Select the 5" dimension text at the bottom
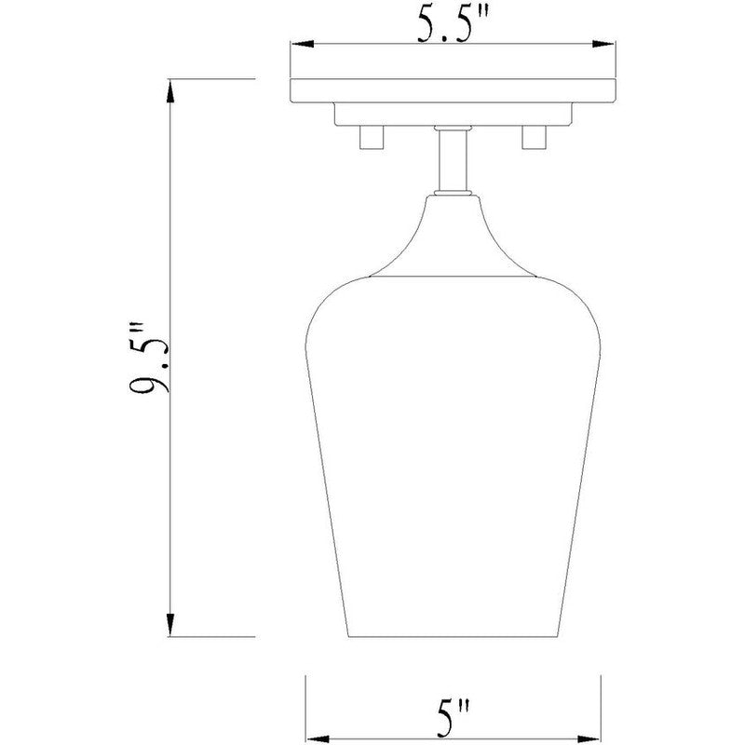pyautogui.click(x=454, y=720)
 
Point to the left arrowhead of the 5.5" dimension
pyautogui.click(x=299, y=44)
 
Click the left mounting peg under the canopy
pyautogui.click(x=371, y=138)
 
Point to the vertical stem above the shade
pyautogui.click(x=453, y=158)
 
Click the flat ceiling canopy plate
pyautogui.click(x=453, y=91)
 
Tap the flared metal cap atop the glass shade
pyautogui.click(x=453, y=237)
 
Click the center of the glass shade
pyautogui.click(x=453, y=447)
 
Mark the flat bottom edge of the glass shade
pyautogui.click(x=453, y=637)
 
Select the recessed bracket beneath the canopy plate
pyautogui.click(x=453, y=114)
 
